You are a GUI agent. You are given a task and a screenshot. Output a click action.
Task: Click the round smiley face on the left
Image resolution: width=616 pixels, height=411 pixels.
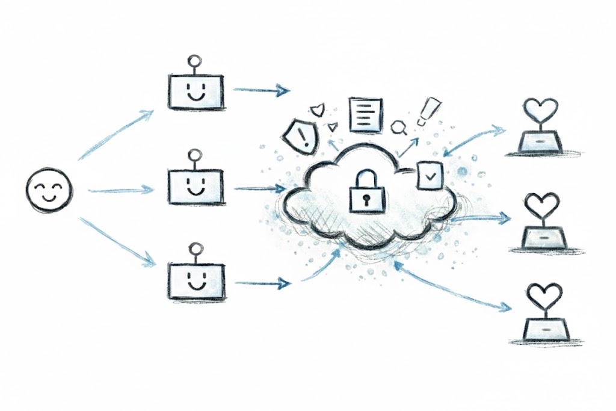click(49, 190)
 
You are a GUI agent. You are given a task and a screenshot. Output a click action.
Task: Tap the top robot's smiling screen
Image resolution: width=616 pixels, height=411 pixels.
click(196, 92)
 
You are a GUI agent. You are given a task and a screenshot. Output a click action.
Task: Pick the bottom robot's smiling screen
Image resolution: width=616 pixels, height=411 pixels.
click(196, 280)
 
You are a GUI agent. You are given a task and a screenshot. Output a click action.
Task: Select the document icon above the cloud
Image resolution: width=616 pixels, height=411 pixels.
click(366, 114)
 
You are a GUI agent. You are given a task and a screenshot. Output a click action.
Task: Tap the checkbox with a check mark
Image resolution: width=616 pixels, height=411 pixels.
click(430, 176)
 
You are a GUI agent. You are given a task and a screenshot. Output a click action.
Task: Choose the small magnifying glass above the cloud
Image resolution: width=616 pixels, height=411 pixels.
click(398, 128)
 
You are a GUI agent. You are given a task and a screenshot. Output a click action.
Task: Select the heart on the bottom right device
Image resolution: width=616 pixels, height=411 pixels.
click(543, 294)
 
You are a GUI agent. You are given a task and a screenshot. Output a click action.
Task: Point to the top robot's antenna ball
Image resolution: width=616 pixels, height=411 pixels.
click(194, 61)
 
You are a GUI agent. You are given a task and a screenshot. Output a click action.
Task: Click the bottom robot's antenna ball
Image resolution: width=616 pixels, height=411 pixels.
click(194, 247)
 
